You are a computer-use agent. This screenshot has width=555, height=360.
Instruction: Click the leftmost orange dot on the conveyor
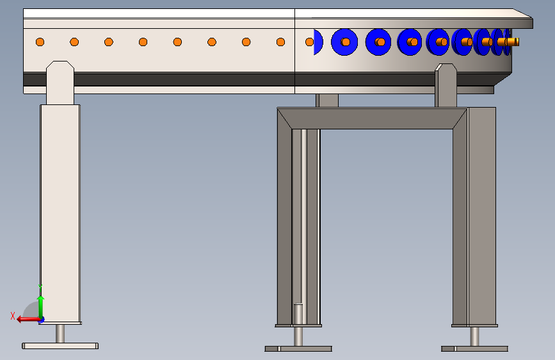pos(40,42)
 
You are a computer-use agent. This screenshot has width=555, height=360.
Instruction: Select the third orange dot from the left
pos(109,42)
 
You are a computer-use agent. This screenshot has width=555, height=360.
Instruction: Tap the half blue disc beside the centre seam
pos(318,42)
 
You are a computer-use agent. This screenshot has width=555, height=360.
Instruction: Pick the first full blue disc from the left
pos(344,42)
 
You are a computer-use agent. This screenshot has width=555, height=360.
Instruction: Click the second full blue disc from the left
pos(378,42)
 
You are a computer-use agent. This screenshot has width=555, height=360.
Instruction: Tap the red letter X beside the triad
pos(13,315)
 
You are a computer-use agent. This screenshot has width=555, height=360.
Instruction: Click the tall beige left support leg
pos(60,211)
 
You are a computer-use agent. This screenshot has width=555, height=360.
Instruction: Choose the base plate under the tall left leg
pos(60,346)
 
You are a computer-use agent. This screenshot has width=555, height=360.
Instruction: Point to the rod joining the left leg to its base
pos(60,333)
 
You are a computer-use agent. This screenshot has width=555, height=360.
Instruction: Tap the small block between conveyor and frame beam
pos(327,101)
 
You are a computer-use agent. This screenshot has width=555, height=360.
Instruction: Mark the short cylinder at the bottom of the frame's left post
pos(298,314)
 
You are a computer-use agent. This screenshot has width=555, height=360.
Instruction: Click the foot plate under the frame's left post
pos(298,349)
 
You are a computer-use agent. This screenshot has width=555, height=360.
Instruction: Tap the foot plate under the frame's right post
pos(474,349)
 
